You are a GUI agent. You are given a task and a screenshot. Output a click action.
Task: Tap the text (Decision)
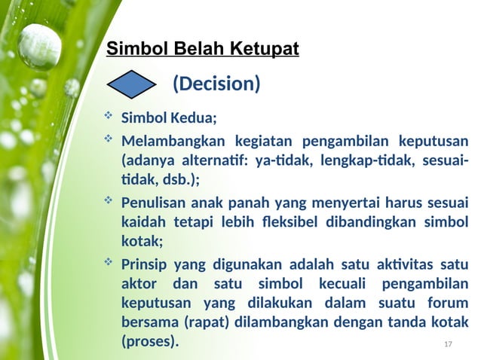[x=216, y=84]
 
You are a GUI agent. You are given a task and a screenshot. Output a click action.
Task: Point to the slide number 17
[x=448, y=344]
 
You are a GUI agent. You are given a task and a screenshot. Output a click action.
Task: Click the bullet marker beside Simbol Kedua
[x=108, y=117]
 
